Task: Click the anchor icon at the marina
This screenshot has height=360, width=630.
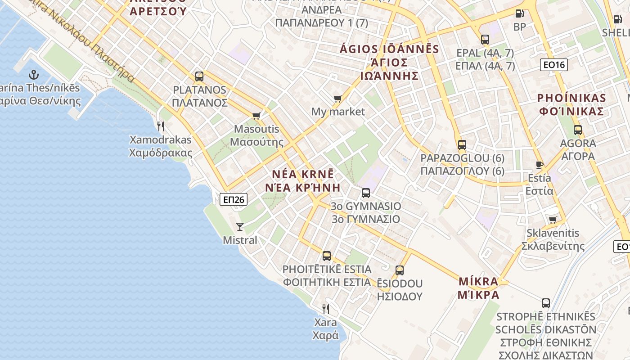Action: point(34,75)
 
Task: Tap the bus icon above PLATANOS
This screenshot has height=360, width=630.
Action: point(199,76)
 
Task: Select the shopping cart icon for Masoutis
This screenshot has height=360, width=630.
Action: point(256,116)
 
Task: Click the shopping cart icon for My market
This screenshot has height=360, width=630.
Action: point(337,99)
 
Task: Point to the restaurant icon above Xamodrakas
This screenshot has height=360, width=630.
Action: point(161,126)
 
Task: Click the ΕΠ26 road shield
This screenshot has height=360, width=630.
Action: point(234,199)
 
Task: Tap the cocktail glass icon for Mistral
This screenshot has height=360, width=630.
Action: point(240,226)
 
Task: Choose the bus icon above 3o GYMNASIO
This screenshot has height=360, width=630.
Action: point(366,193)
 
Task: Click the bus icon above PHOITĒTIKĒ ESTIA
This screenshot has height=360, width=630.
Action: point(327,256)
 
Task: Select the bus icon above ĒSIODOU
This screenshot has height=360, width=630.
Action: point(400,270)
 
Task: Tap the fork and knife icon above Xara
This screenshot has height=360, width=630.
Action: point(326,309)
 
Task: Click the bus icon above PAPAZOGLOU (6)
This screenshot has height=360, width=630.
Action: point(462,145)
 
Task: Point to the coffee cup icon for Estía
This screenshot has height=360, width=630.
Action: point(540,165)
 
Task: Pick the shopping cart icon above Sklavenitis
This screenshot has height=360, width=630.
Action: point(553,220)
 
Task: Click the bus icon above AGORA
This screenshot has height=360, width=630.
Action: point(578,130)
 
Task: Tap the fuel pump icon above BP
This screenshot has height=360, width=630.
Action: point(519,14)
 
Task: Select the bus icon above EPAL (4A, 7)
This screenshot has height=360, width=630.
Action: point(485,40)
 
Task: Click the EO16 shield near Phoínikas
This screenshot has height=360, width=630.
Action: point(553,65)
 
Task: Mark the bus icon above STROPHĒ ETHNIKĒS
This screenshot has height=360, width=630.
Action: point(546,303)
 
